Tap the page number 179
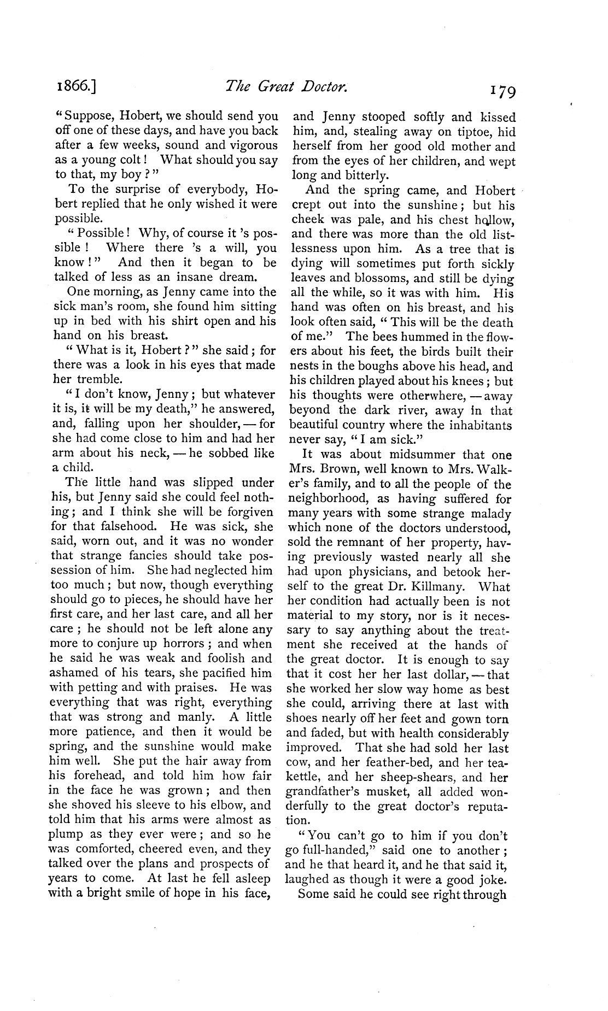click(494, 89)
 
